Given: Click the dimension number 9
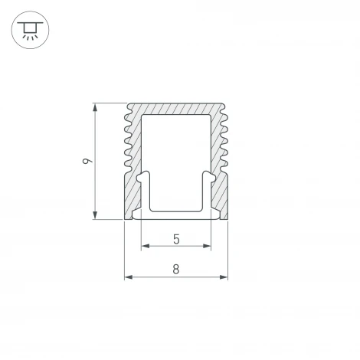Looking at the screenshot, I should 87,162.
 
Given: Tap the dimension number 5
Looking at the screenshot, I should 176,239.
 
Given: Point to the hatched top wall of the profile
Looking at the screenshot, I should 176,109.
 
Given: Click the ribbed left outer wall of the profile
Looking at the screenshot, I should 129,142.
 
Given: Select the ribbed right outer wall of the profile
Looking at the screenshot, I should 224,142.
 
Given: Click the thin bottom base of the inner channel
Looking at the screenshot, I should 176,214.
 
